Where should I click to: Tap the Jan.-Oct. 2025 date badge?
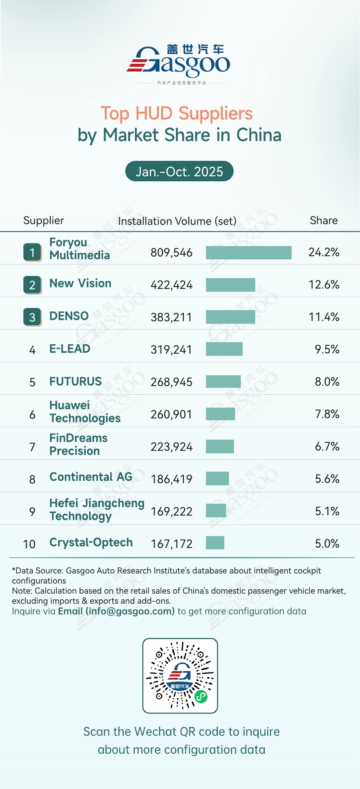click(179, 171)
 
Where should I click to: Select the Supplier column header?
click(44, 220)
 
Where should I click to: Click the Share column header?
click(324, 220)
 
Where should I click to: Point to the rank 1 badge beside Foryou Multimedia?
click(32, 252)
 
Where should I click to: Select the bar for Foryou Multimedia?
click(248, 253)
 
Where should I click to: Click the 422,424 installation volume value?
click(171, 285)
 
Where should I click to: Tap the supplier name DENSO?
click(69, 316)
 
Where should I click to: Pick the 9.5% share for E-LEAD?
click(327, 349)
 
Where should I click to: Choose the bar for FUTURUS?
click(223, 381)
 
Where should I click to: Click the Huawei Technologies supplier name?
click(85, 412)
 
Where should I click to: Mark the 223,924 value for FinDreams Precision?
click(171, 447)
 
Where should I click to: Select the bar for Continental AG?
click(217, 479)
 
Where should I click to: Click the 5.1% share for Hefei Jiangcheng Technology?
click(327, 511)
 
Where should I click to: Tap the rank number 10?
click(29, 544)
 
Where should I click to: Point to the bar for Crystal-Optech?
click(215, 543)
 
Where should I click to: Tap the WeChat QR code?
click(180, 676)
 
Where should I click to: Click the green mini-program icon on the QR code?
click(201, 697)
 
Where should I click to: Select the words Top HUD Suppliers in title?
click(177, 113)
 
